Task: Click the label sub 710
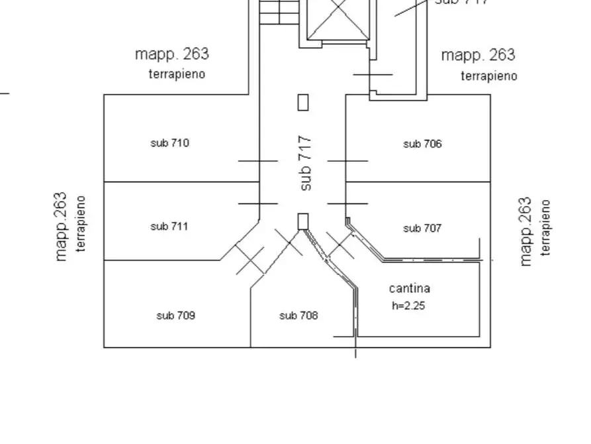[169, 142]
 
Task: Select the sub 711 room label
[169, 227]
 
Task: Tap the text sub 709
[175, 315]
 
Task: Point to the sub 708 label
[298, 315]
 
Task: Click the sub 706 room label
[422, 144]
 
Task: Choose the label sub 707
[422, 229]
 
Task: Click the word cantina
[409, 288]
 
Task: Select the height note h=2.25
[409, 306]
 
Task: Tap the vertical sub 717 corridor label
[305, 164]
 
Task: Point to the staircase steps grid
[279, 12]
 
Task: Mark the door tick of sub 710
[258, 160]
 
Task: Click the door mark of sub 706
[347, 160]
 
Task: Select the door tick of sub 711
[258, 203]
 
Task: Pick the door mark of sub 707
[347, 203]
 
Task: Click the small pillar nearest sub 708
[303, 221]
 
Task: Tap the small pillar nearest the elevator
[303, 103]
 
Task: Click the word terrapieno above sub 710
[177, 74]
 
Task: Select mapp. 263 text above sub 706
[478, 55]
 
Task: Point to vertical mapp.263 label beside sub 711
[62, 227]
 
